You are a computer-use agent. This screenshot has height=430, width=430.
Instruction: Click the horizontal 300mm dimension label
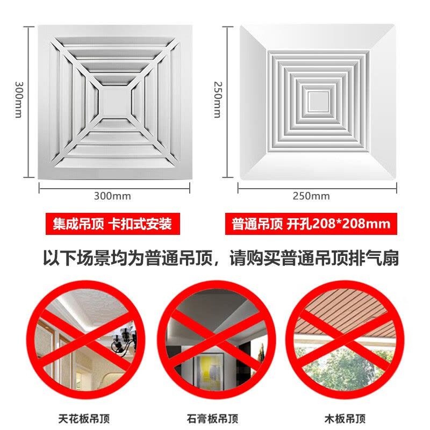click(x=112, y=196)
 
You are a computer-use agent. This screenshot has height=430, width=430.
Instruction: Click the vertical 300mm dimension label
click(x=19, y=99)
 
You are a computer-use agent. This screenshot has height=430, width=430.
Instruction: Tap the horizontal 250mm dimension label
click(x=311, y=196)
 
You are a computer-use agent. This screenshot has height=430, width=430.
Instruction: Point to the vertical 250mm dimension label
click(x=218, y=99)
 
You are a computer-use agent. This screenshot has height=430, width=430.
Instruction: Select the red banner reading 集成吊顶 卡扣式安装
click(x=113, y=224)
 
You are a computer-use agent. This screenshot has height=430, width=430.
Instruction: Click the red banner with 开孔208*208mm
click(x=311, y=224)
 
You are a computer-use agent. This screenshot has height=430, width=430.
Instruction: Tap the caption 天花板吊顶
click(x=84, y=419)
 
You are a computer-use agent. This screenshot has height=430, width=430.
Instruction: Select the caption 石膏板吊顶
click(x=212, y=419)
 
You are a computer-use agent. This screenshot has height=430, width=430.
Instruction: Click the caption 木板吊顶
click(x=345, y=419)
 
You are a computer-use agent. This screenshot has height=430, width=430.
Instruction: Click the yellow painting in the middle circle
click(x=210, y=369)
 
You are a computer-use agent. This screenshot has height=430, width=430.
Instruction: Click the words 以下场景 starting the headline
click(x=77, y=258)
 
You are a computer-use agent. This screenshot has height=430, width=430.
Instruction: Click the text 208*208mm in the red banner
click(x=351, y=224)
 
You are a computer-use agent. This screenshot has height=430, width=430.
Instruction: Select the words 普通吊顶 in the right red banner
click(x=257, y=224)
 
